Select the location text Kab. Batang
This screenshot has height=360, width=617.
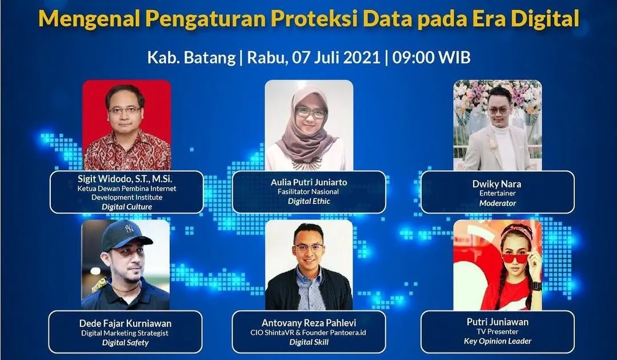click(191, 58)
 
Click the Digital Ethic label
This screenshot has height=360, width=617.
click(309, 201)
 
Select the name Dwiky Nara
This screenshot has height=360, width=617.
click(498, 184)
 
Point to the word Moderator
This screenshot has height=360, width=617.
click(498, 203)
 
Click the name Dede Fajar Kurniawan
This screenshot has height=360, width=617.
click(125, 323)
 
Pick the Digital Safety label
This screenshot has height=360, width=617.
click(125, 343)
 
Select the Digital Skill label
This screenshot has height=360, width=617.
click(309, 342)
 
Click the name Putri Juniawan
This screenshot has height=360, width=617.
click(498, 322)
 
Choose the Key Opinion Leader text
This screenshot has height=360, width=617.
click(498, 341)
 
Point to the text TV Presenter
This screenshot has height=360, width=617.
click(498, 331)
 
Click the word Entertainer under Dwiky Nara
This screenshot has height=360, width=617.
click(498, 194)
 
